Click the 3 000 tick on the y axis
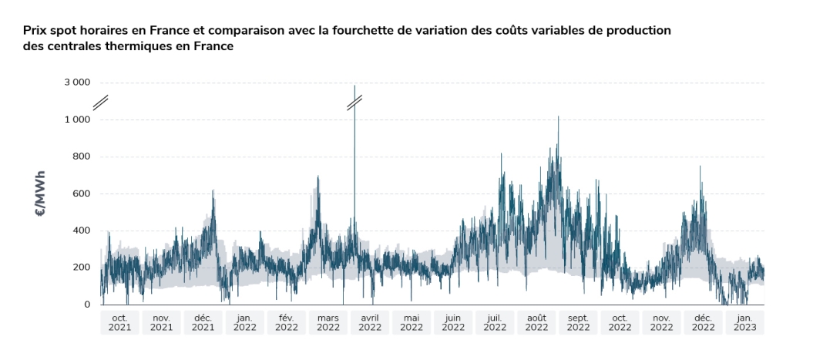(x=76, y=82)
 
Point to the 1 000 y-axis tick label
(x=76, y=119)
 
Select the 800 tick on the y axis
(x=80, y=156)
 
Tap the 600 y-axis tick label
(x=80, y=193)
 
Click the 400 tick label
(x=80, y=230)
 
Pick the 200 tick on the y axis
(x=80, y=267)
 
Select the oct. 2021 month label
(x=120, y=322)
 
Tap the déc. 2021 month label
(x=203, y=322)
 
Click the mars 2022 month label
(x=328, y=322)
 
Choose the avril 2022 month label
(x=370, y=322)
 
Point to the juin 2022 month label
(x=453, y=322)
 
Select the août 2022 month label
(x=536, y=322)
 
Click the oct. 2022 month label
(x=620, y=322)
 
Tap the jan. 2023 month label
(x=744, y=322)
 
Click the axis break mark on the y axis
(x=101, y=101)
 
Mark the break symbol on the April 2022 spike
(x=354, y=101)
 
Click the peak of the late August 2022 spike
(x=558, y=117)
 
